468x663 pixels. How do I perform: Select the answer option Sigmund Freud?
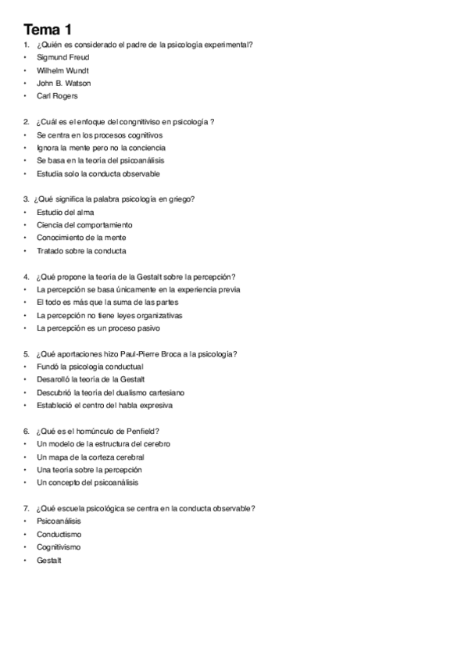63,57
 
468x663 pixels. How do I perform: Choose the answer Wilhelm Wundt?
63,70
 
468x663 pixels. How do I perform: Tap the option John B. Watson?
63,83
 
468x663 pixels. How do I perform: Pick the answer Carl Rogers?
57,96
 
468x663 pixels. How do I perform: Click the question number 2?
26,122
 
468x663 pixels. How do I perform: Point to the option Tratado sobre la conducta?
81,251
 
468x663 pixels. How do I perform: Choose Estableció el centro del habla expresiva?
105,406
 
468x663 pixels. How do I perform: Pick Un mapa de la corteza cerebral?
90,457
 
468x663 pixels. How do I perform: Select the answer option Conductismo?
59,535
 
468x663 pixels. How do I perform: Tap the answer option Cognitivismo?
59,547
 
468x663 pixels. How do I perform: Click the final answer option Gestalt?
48,561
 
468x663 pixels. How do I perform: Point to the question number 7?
26,509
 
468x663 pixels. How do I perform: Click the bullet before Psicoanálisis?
26,521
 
